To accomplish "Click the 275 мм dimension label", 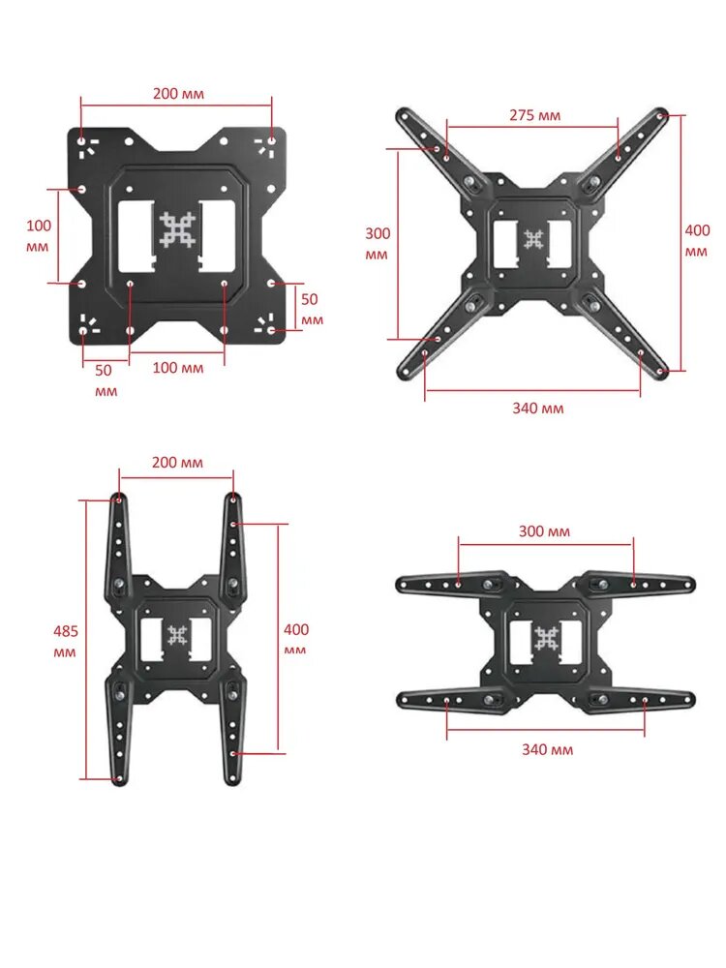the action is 534,115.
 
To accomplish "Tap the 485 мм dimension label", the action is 65,642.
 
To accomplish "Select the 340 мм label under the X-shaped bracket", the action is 537,408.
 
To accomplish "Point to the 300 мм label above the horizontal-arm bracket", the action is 544,531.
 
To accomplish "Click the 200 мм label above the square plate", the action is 178,94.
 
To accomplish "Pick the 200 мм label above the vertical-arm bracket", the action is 177,463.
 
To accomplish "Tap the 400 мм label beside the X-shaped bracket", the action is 697,241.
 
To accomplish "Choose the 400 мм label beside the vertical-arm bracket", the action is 295,640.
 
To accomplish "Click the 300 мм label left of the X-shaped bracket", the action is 378,244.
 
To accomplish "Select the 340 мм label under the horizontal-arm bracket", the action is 548,749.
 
